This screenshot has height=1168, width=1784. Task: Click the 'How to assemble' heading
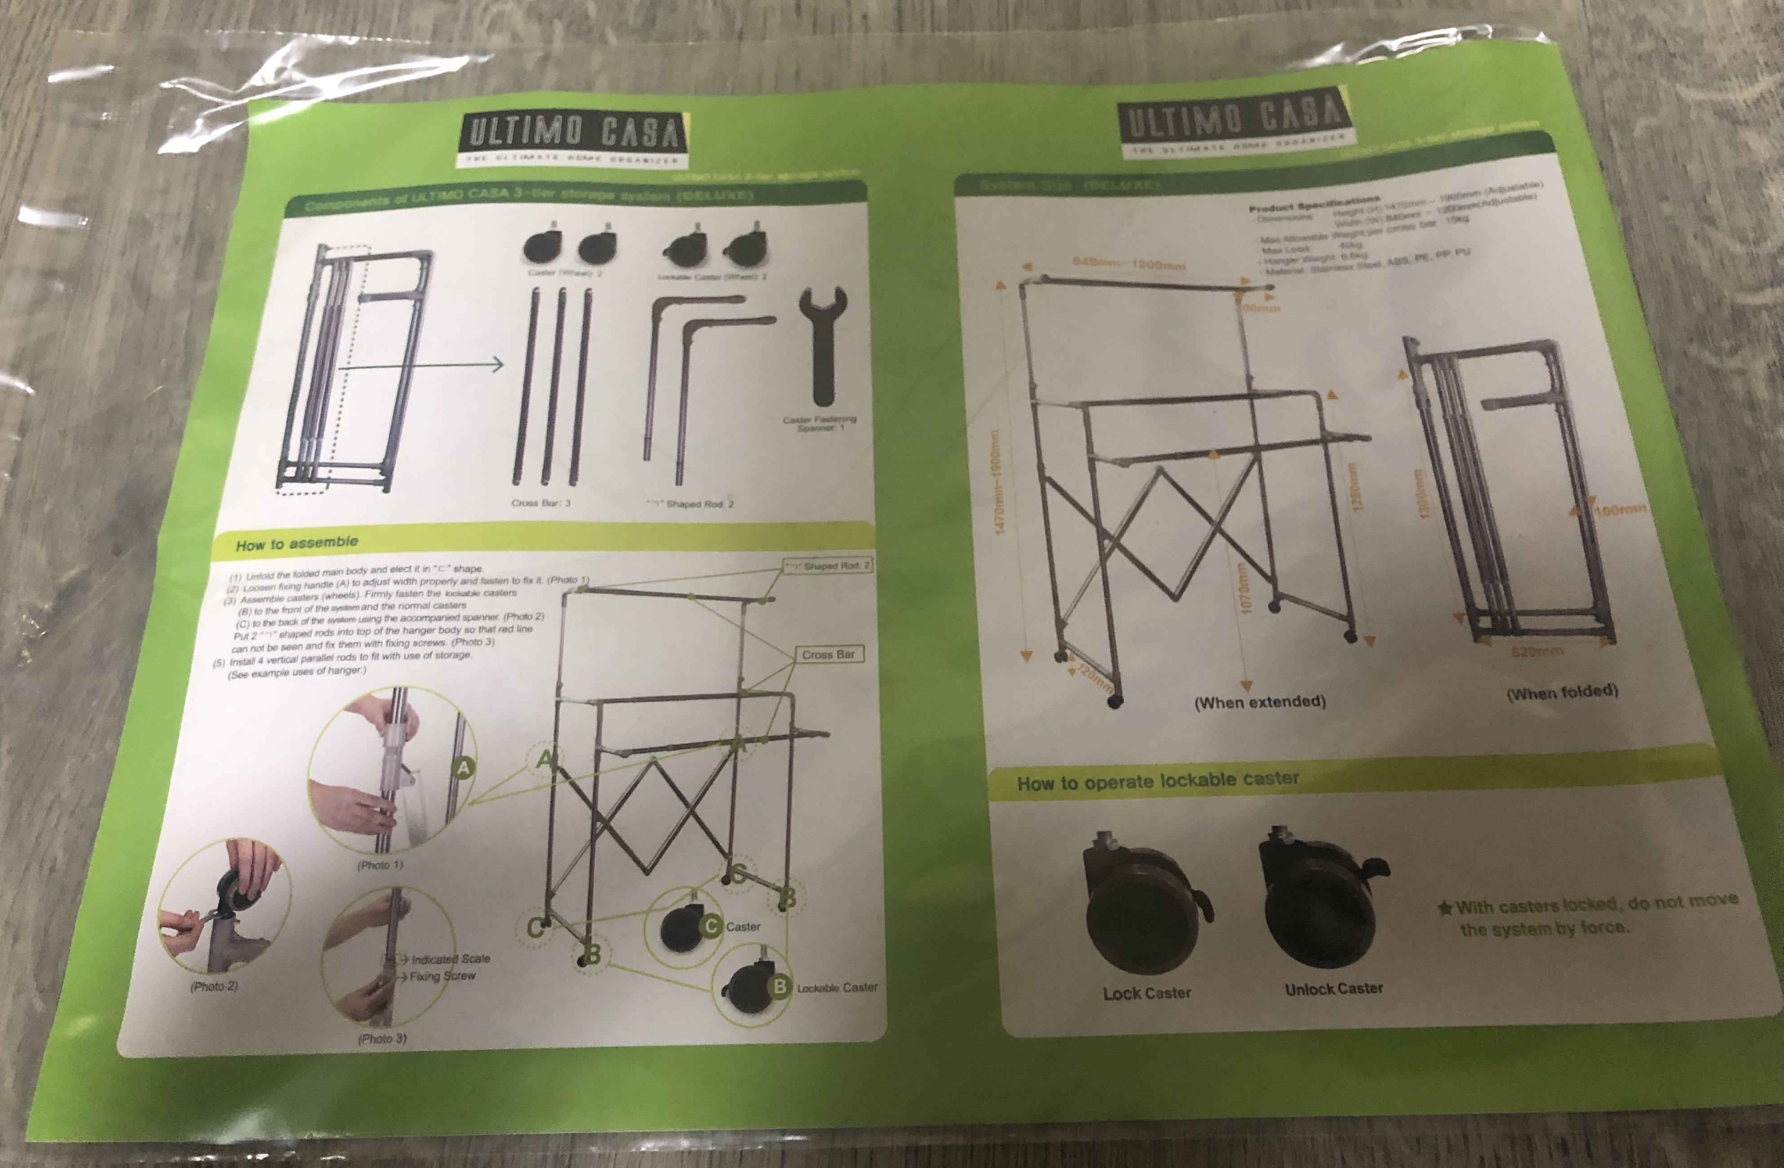click(297, 543)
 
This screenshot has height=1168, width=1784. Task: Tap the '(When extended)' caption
click(1259, 702)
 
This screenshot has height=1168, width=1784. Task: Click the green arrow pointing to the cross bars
click(420, 366)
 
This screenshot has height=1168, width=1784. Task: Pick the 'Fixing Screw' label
click(442, 976)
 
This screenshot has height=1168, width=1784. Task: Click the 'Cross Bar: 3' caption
click(540, 502)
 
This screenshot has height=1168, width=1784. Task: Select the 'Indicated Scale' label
click(450, 959)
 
